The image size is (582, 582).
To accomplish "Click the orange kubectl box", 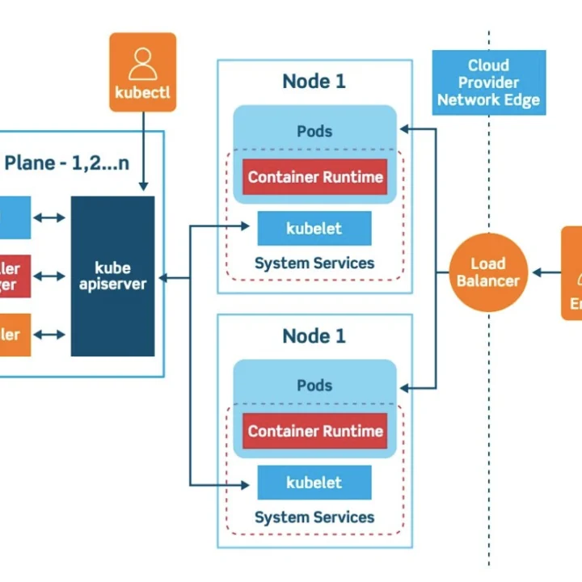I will [142, 72].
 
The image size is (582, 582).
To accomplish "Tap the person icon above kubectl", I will [142, 63].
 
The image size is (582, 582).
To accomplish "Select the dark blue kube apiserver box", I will [112, 276].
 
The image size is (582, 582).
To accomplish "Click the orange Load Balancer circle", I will [488, 272].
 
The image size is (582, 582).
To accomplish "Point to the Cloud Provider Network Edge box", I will [488, 82].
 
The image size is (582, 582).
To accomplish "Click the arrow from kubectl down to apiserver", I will [143, 154].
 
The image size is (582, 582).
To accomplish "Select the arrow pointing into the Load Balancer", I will [545, 272].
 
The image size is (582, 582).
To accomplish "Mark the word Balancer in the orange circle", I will [488, 281].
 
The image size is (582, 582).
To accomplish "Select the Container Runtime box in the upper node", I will [315, 177].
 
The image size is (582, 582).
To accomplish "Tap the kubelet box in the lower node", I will [314, 483].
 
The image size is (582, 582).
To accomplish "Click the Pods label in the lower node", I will [314, 386].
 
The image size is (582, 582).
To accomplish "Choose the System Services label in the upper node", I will [314, 264].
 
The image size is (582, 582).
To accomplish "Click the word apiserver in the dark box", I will [112, 285].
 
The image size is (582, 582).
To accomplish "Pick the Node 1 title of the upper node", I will [314, 82].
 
